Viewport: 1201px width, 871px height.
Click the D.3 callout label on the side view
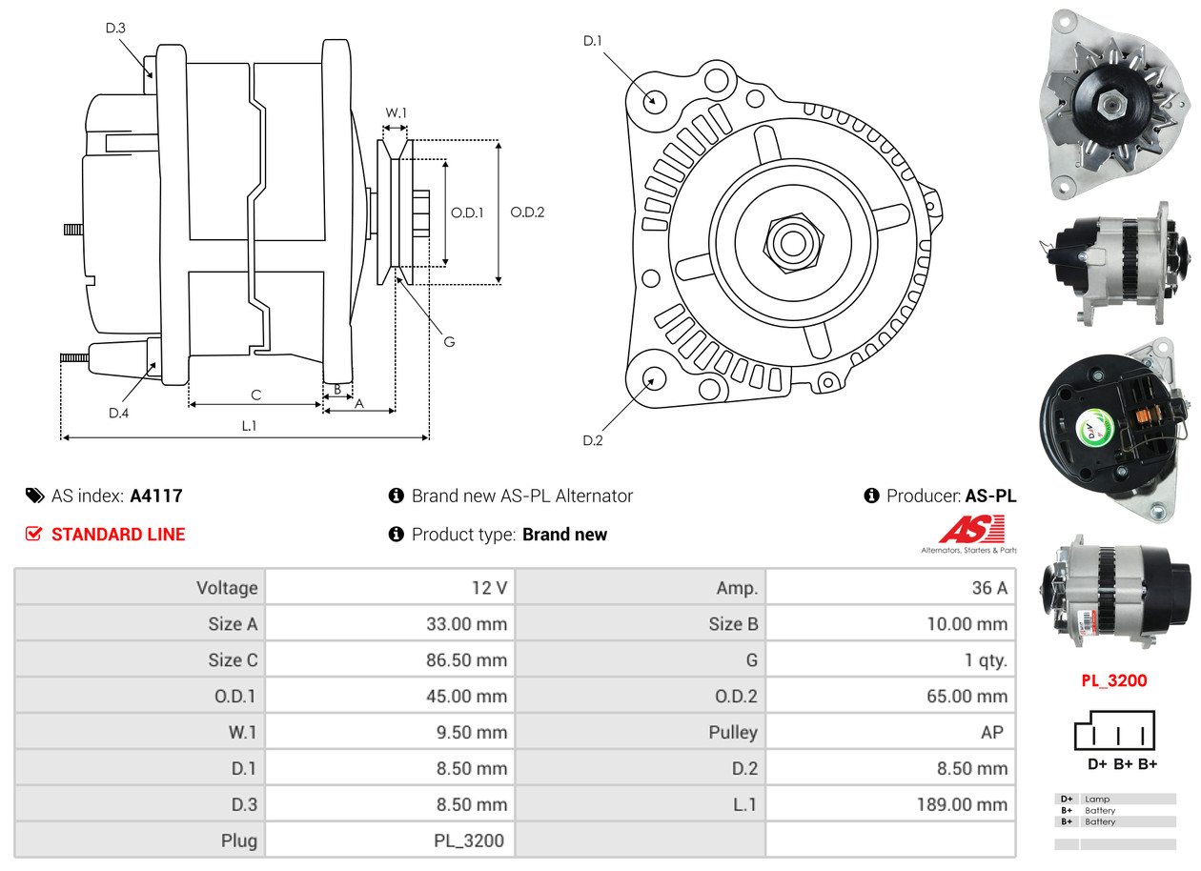(x=115, y=29)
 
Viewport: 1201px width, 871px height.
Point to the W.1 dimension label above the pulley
(x=396, y=113)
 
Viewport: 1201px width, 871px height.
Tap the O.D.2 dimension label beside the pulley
(x=527, y=213)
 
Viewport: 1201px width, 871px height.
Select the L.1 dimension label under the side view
(x=249, y=426)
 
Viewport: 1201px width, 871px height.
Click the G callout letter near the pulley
(x=449, y=341)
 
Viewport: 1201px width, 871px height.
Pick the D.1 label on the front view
(x=593, y=41)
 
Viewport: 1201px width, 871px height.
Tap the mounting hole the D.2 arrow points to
(x=654, y=378)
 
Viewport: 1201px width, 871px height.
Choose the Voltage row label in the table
(x=227, y=588)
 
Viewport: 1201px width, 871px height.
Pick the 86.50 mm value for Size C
(x=466, y=660)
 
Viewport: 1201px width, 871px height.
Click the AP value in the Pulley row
(x=991, y=732)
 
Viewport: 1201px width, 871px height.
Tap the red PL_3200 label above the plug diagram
(x=1113, y=680)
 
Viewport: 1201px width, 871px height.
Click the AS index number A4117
(x=156, y=496)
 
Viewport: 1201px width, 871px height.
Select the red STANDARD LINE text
(x=118, y=535)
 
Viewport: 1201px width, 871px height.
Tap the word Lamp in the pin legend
(x=1097, y=799)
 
